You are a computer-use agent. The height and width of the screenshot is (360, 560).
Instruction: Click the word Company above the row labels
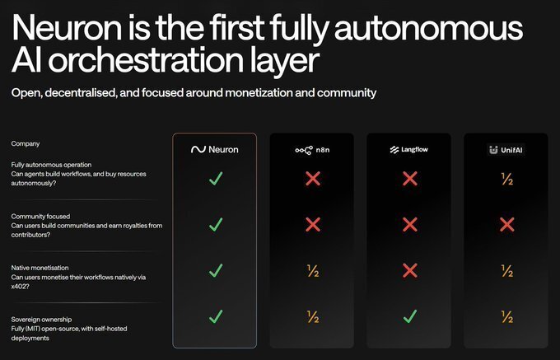pyautogui.click(x=26, y=143)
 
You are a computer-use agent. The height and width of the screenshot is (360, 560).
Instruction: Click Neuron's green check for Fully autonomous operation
pyautogui.click(x=215, y=179)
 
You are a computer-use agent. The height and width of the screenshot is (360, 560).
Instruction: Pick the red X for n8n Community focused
pyautogui.click(x=311, y=224)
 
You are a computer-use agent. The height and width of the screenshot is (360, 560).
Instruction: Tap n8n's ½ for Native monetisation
pyautogui.click(x=311, y=270)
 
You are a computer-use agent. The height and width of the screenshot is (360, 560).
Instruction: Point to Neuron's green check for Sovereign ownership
pyautogui.click(x=215, y=316)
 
